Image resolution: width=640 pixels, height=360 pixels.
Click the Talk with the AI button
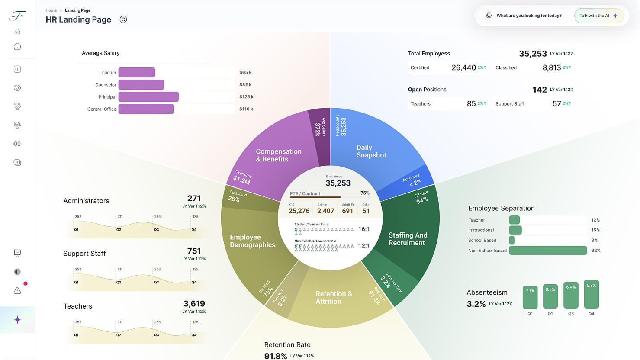click(x=598, y=16)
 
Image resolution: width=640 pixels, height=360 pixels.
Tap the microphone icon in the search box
click(x=489, y=16)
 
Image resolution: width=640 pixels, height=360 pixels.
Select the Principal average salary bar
click(x=148, y=97)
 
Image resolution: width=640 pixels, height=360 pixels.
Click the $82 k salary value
click(x=245, y=85)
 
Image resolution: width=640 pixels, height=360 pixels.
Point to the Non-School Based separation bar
click(x=548, y=251)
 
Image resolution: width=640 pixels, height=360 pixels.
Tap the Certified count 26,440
click(x=463, y=67)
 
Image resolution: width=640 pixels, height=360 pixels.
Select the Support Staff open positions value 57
click(x=556, y=104)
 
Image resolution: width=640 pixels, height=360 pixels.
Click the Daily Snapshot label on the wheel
click(x=371, y=151)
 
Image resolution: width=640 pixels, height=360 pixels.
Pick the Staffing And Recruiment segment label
click(x=408, y=239)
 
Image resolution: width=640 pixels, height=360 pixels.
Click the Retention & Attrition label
click(x=334, y=298)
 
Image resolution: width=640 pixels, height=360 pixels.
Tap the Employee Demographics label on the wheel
click(x=252, y=241)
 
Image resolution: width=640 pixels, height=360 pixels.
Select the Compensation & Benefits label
click(x=278, y=155)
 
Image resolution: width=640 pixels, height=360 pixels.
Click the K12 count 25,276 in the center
click(x=299, y=211)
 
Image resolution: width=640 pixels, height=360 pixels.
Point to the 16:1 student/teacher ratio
click(x=364, y=229)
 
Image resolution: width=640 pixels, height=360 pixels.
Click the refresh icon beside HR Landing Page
click(x=123, y=19)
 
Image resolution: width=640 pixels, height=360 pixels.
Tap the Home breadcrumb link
click(x=51, y=10)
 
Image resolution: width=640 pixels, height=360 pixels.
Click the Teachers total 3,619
click(x=194, y=304)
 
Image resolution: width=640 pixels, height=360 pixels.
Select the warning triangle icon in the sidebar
click(x=17, y=291)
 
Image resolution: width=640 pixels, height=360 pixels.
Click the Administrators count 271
click(x=194, y=199)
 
